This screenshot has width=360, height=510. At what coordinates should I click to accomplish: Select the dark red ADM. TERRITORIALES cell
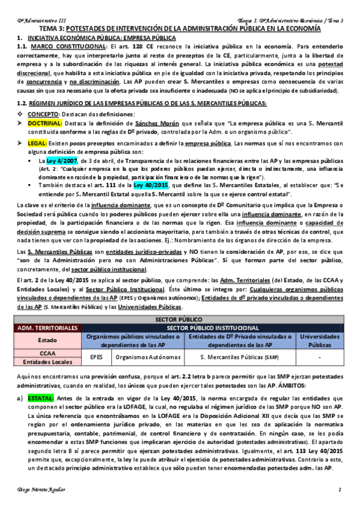[x=48, y=328]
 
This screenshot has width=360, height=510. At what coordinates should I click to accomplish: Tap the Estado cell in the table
[x=48, y=340]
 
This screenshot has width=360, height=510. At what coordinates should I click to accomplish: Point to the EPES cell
[x=97, y=357]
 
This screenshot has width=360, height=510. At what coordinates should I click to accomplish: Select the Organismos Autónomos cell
[x=142, y=357]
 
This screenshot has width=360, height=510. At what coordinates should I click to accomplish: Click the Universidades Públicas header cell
[x=319, y=340]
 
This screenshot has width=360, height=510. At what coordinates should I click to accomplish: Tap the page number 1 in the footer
[x=340, y=493]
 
